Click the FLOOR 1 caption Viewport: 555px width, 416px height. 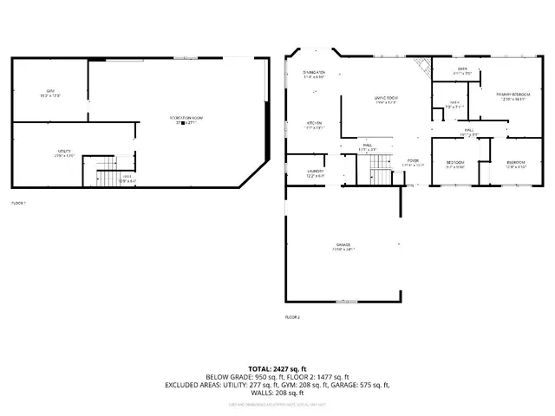(x=19, y=203)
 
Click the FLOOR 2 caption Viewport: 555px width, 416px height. (x=292, y=317)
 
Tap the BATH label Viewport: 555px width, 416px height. (x=450, y=70)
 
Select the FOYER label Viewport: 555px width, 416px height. (x=413, y=162)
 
